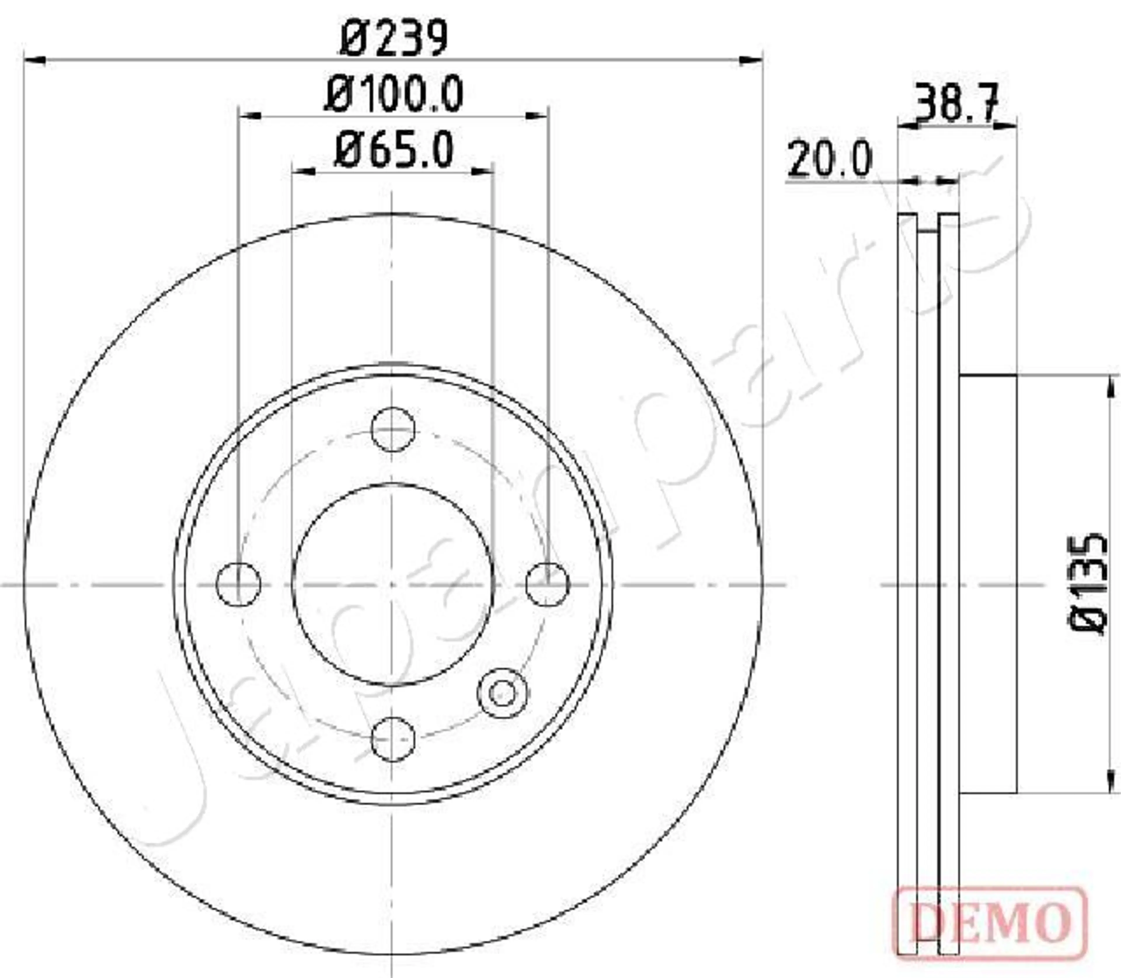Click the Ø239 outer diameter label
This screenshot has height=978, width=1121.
pos(394,37)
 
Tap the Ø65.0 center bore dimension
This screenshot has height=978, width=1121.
pos(394,150)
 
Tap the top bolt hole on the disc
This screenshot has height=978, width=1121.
pos(393,429)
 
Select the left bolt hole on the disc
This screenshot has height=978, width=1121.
pos(239,584)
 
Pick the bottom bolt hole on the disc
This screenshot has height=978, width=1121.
pos(393,739)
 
